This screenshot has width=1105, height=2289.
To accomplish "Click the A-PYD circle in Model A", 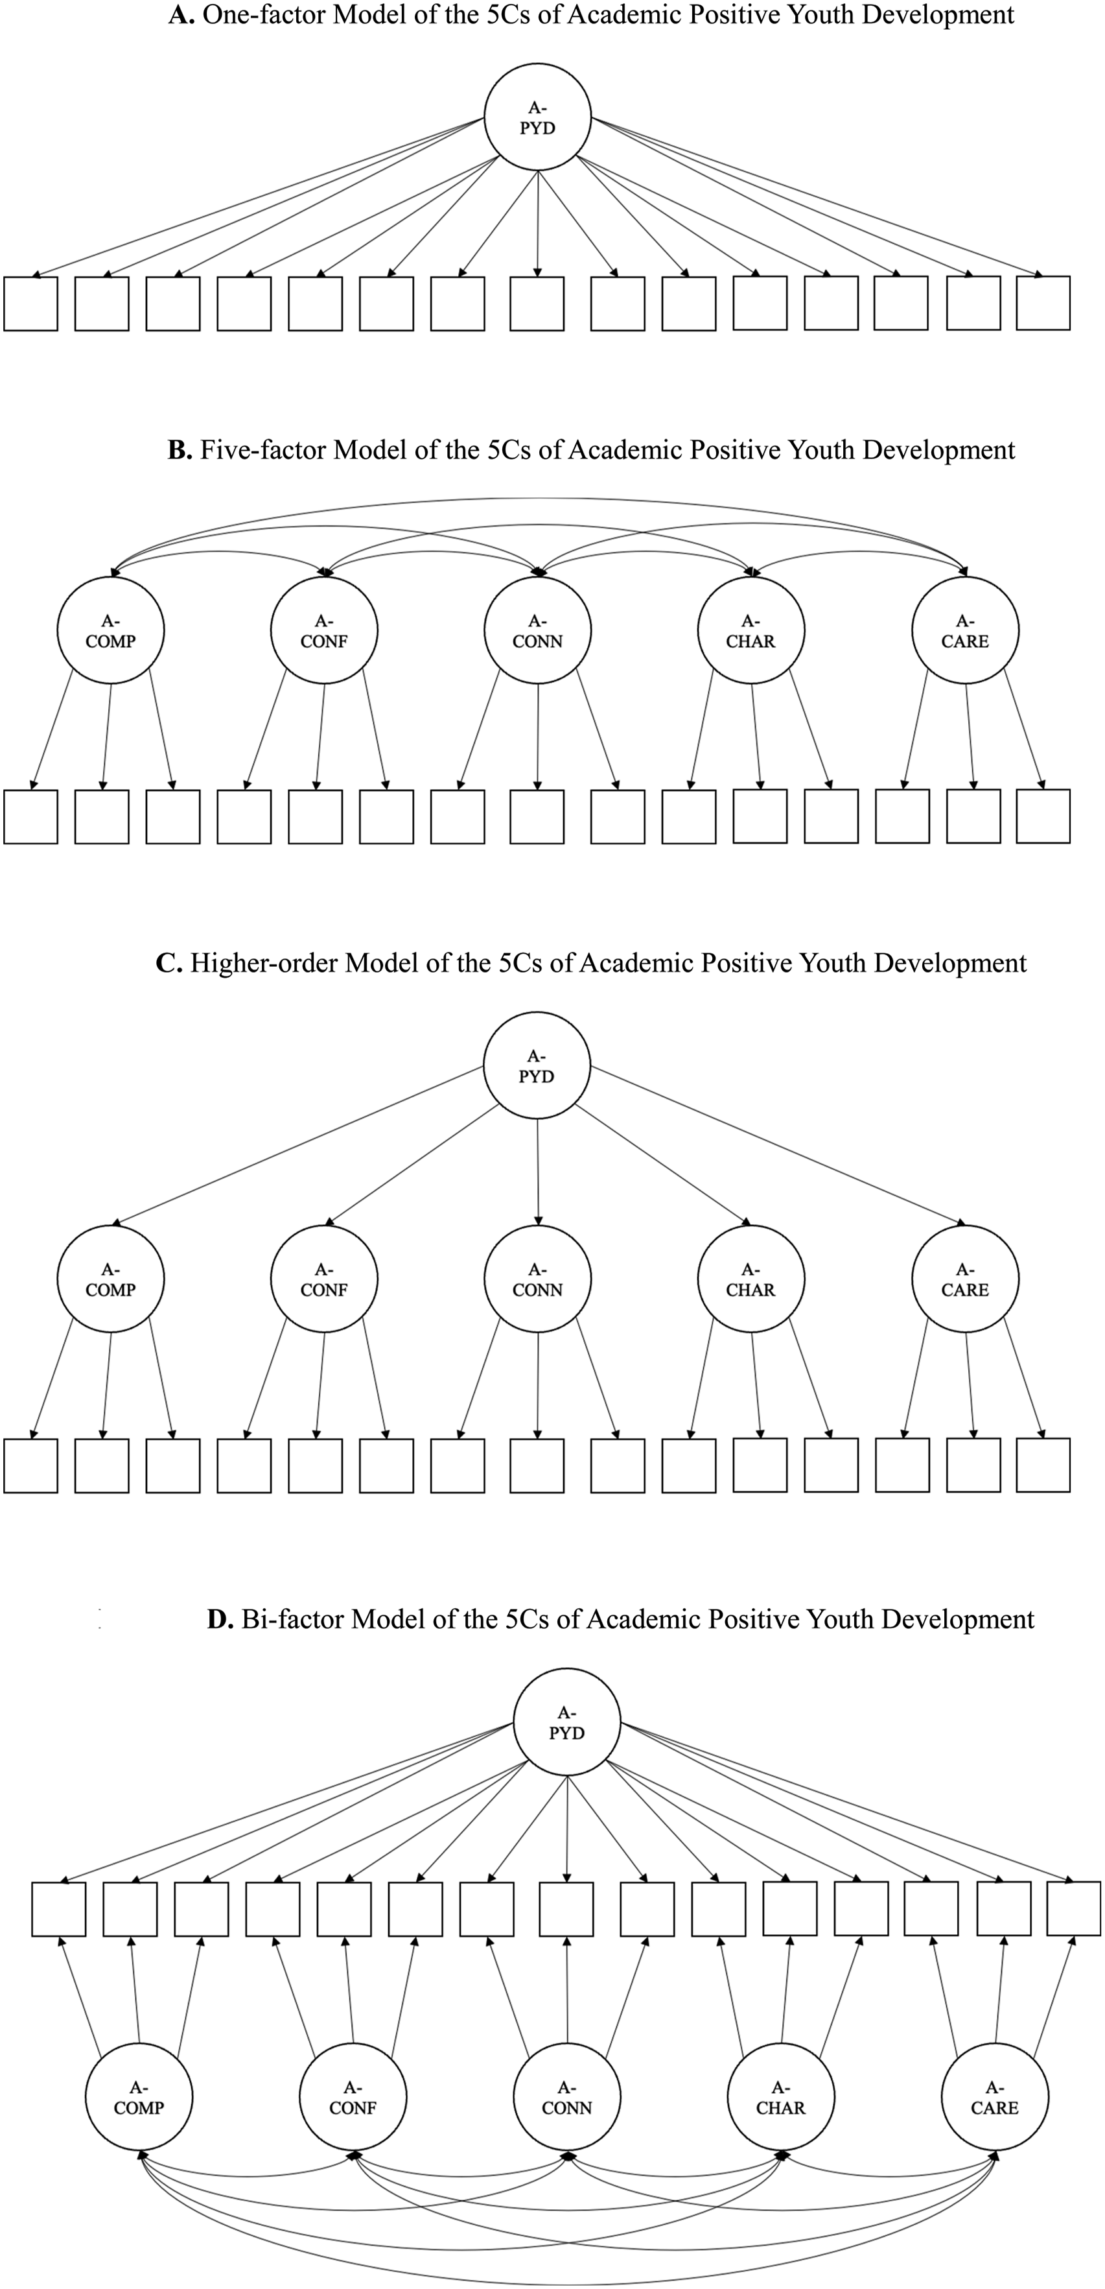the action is pos(537,117).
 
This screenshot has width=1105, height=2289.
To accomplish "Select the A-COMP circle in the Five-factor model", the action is pos(110,630).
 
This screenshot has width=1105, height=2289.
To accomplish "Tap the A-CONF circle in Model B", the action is pos(324,630).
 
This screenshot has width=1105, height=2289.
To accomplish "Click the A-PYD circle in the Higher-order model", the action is pos(537,1065).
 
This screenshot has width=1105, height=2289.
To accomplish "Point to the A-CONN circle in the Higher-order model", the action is pos(537,1279).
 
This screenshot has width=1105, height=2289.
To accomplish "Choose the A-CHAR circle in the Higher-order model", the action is pos(750,1279).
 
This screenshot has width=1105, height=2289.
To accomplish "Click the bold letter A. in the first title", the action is pos(181,15).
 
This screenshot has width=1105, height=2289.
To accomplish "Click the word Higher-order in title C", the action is pos(264,963).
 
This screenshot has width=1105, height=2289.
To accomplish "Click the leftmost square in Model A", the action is pos(31,304).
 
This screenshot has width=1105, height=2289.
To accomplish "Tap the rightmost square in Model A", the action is pos(1043,303).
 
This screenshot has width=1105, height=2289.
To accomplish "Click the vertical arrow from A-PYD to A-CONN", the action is pos(537,1172).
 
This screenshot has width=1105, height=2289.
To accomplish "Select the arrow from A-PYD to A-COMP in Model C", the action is pos(297,1147).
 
